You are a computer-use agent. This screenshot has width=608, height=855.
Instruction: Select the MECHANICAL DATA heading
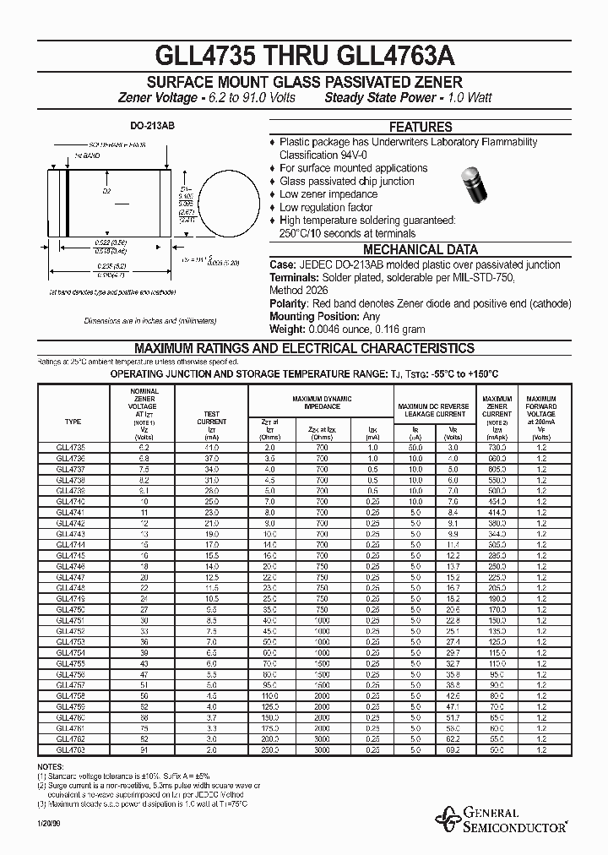click(x=420, y=249)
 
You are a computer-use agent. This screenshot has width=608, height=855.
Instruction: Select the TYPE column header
click(x=73, y=421)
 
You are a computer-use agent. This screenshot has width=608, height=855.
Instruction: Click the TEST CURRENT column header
click(x=211, y=417)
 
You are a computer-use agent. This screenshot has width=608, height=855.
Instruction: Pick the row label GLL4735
click(x=73, y=446)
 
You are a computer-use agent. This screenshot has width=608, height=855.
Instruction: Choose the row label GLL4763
click(x=73, y=749)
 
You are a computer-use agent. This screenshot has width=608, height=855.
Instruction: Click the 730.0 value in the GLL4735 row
click(x=497, y=446)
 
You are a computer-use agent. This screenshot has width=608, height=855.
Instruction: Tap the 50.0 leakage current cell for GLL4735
click(x=415, y=446)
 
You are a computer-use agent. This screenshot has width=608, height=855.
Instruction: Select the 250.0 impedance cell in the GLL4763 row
click(x=269, y=749)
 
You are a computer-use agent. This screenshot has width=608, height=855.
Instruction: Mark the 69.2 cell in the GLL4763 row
click(x=453, y=749)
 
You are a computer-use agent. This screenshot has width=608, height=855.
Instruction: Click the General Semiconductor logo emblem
click(x=447, y=816)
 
